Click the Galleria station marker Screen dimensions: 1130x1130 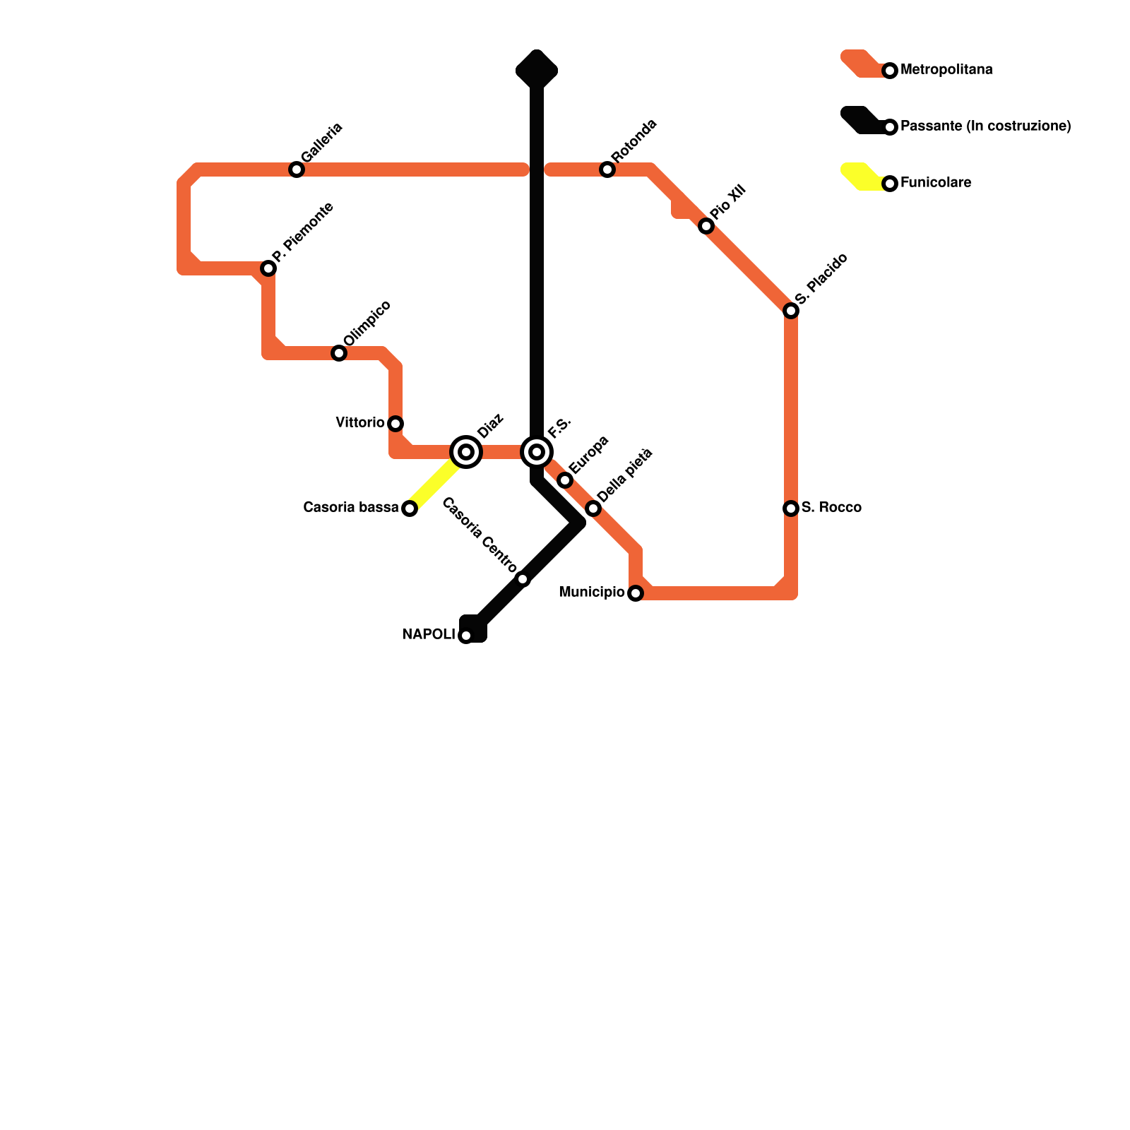coord(297,169)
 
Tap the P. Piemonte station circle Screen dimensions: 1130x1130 coord(268,268)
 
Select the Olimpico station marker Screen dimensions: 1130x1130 coord(339,353)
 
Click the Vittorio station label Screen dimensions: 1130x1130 coord(359,423)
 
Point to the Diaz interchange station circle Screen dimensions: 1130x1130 coord(466,452)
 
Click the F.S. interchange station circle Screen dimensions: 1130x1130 coord(537,452)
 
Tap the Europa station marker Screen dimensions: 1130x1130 coord(565,480)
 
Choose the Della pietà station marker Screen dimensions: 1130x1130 coord(593,509)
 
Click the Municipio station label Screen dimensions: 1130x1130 coord(591,593)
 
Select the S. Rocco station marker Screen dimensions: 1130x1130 coord(791,509)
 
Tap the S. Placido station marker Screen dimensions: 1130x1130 coord(791,311)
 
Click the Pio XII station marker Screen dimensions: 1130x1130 coord(706,226)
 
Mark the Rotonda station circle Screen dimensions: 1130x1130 coord(607,169)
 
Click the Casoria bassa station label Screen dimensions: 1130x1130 coord(350,508)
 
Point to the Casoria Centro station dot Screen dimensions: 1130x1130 coord(523,579)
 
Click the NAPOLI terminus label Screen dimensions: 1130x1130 coord(428,635)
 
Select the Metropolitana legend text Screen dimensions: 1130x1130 coord(946,70)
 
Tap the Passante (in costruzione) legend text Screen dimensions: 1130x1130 coord(985,126)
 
